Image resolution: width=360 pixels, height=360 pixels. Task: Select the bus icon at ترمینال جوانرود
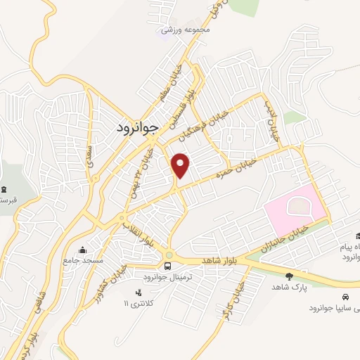(x=167, y=266)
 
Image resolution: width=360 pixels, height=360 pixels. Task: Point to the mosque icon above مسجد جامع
(x=83, y=250)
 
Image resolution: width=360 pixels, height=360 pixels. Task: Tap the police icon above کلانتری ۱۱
(x=138, y=292)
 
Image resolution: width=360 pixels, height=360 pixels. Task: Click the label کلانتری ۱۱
(x=138, y=303)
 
